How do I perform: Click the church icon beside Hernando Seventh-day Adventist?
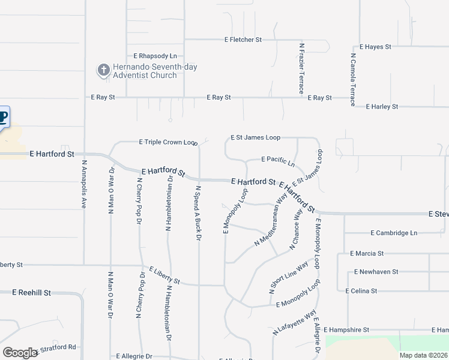103,71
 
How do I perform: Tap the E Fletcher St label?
243,40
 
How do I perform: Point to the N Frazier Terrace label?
302,68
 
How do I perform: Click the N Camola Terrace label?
353,79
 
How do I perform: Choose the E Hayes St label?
375,46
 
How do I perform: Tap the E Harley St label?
382,107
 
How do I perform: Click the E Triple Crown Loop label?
168,142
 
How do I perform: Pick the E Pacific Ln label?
278,161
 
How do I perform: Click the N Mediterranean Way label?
271,220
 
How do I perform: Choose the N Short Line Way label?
289,277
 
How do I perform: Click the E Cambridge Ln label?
394,233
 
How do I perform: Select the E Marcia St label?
377,254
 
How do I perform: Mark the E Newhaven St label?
376,272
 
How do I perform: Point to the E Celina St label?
361,290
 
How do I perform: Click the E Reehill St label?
32,292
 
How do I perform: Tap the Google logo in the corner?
20,353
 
